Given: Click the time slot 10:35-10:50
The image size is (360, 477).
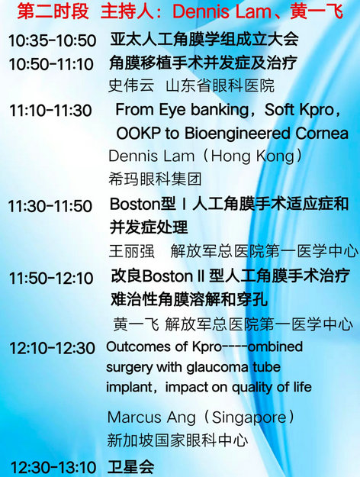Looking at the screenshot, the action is tap(53, 40).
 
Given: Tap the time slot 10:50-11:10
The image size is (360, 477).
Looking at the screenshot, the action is tap(51, 64).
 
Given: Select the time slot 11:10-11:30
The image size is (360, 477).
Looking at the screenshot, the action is tap(50, 110).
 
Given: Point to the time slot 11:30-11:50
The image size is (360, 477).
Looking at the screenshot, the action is tap(50, 206).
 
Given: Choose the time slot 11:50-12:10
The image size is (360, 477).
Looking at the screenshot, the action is tap(51, 278).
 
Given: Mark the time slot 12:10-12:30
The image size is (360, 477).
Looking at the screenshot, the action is tap(52, 348).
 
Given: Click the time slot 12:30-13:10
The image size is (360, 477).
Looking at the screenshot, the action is tap(53, 467).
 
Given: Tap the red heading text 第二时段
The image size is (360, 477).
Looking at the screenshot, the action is tap(53, 11).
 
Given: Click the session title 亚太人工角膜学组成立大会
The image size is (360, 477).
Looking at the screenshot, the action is tap(204, 39).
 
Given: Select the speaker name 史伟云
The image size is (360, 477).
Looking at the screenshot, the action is tap(131, 85).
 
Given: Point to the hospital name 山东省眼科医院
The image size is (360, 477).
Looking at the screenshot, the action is tap(220, 85).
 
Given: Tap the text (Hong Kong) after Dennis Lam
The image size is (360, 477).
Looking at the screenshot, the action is tap(253, 156).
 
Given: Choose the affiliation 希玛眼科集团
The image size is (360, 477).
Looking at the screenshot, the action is tap(155, 179).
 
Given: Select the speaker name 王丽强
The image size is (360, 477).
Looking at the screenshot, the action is tap(132, 251).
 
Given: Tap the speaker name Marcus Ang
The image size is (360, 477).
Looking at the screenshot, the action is tap(152, 417).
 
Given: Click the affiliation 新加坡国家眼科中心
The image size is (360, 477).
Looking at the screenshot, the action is tap(178, 440).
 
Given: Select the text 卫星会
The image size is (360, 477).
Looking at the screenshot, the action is tap(131, 466).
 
